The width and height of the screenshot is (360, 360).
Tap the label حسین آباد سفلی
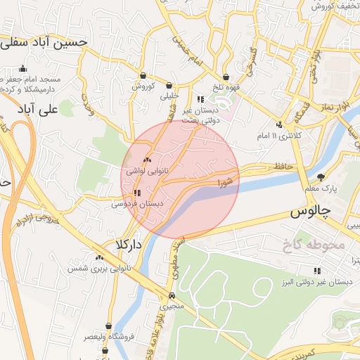(44, 42)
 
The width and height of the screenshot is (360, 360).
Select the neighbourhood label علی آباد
(38, 110)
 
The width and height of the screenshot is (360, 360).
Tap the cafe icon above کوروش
(143, 76)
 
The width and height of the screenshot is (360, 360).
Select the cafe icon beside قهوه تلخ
(226, 77)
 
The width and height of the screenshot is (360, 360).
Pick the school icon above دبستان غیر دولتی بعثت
(200, 99)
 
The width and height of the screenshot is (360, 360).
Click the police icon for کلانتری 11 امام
(280, 124)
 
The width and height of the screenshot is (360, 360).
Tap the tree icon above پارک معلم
(321, 177)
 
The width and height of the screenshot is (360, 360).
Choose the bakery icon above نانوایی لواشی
(147, 160)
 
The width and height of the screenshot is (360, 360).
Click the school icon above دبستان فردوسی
(136, 192)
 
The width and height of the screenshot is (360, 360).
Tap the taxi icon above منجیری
(172, 296)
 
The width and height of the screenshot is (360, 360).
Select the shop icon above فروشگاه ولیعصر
(108, 326)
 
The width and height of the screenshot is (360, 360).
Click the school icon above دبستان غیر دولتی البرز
(316, 270)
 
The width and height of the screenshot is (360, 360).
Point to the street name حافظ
(283, 166)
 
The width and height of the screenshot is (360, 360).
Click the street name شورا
(224, 181)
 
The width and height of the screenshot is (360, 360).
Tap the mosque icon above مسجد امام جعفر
(23, 69)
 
